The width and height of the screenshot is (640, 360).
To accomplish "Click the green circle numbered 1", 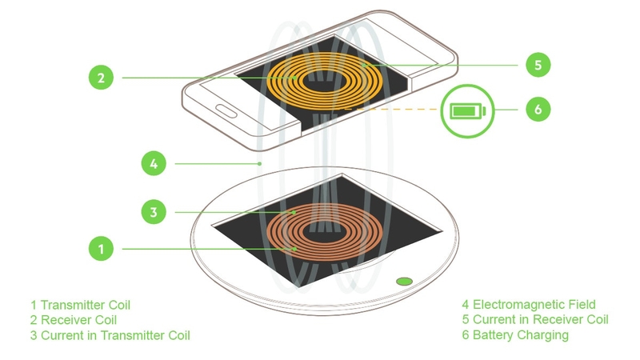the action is [x=101, y=249].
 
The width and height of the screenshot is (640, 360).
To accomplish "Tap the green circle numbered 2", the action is [x=101, y=78].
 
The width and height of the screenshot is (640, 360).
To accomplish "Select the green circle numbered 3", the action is [x=154, y=212].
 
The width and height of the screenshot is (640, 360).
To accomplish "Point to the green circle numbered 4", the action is [x=154, y=164].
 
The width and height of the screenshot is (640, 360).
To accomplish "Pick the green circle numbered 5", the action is [x=538, y=65].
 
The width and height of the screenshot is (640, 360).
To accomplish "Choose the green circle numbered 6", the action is [x=538, y=110].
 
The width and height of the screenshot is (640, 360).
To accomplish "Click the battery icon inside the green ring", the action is [x=468, y=111].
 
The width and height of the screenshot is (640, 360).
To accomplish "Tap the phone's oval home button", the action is [x=226, y=111].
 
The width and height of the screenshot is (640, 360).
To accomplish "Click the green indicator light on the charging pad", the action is [x=405, y=282].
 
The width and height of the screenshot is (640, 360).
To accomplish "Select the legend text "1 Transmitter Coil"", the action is [x=81, y=305].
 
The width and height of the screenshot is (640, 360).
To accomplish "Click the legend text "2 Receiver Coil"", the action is [x=74, y=320].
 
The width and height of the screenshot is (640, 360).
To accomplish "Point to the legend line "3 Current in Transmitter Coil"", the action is [x=110, y=335].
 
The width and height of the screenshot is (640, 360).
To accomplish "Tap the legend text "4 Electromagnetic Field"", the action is [x=529, y=305].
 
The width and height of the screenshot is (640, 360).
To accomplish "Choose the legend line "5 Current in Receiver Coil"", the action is [x=535, y=319].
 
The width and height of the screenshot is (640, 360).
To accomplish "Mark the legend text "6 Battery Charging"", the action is [x=515, y=335].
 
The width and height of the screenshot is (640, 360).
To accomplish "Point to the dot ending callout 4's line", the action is [x=259, y=164].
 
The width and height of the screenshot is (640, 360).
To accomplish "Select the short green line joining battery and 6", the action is [x=506, y=110].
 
